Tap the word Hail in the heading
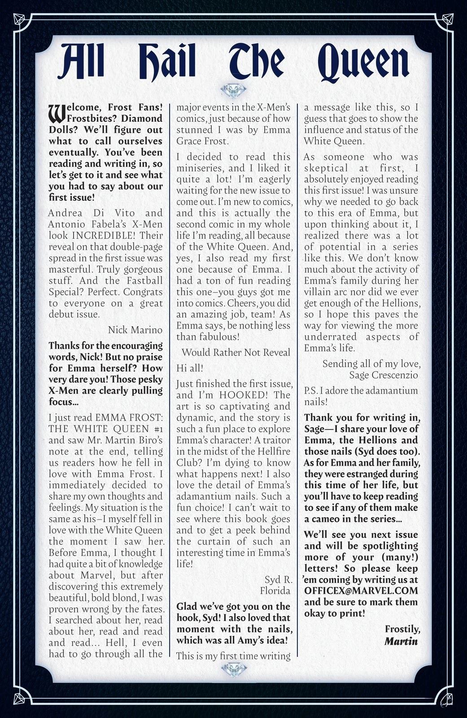coord(167,61)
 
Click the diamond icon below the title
coord(233,91)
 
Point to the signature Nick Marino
coord(135,330)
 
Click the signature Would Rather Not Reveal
coord(236,352)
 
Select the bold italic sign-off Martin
coord(401,641)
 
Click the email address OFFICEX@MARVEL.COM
coord(361,591)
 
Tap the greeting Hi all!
coord(190,368)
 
